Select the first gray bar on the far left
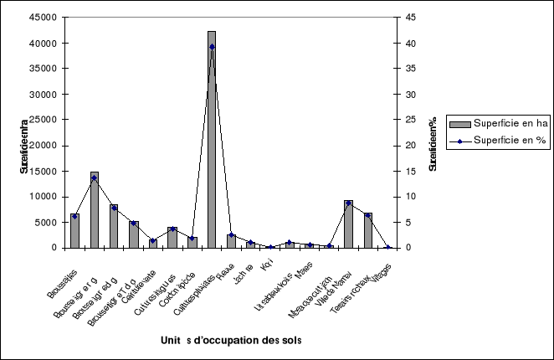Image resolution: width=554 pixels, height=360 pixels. coord(74,231)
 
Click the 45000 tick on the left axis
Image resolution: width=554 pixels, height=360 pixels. coord(44,18)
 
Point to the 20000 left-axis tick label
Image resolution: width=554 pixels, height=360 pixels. coord(44,146)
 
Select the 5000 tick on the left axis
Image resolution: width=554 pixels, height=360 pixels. coord(47,223)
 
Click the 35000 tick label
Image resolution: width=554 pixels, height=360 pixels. coord(44,69)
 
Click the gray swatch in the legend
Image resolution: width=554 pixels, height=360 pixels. coord(459,124)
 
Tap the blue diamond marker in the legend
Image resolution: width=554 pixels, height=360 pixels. coord(459,142)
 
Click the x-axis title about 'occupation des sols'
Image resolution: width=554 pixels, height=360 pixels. coord(231,340)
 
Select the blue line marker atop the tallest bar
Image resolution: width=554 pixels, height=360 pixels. coord(212,47)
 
